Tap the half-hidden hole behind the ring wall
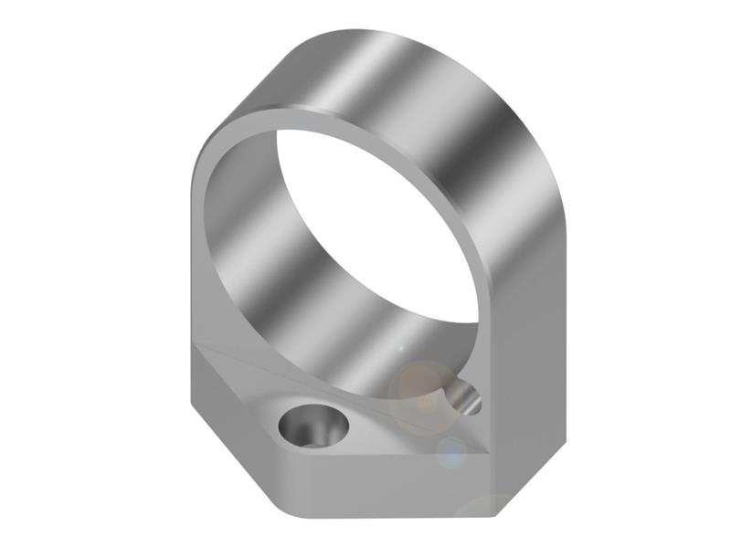[x=461, y=397]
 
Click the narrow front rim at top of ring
[x=302, y=114]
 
